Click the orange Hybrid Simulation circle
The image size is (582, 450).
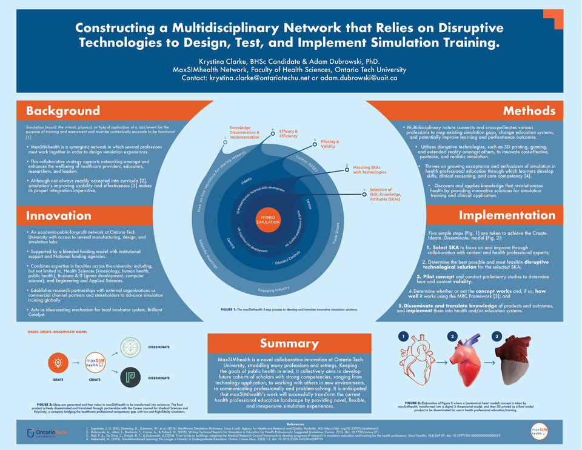tap(267, 219)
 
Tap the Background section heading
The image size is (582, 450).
tap(63, 110)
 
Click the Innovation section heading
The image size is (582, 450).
tap(59, 215)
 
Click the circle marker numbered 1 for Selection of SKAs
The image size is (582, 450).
tap(364, 194)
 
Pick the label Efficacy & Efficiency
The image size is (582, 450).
tap(289, 133)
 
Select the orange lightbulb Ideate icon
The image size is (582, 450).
tap(58, 363)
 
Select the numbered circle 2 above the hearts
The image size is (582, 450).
tap(451, 336)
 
